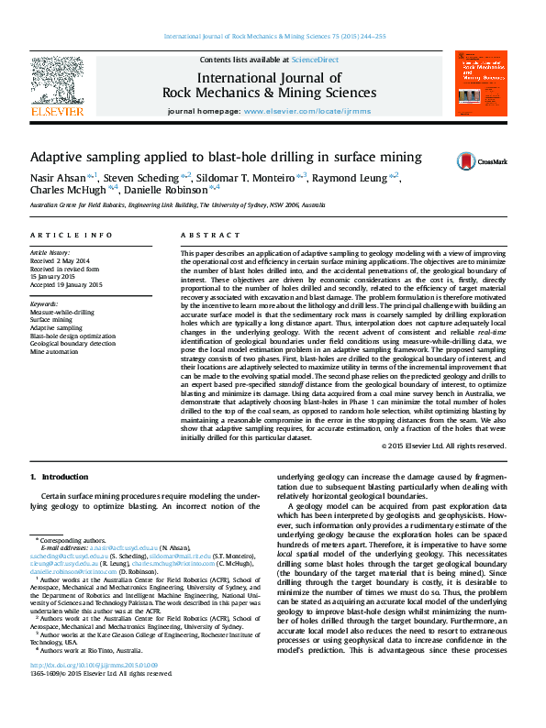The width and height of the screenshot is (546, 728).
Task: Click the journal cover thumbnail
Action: pyautogui.click(x=482, y=83)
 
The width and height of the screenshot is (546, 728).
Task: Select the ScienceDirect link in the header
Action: pyautogui.click(x=314, y=60)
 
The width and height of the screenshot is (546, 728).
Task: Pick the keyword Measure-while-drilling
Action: pyautogui.click(x=62, y=311)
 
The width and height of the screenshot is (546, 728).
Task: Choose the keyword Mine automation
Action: pyautogui.click(x=54, y=351)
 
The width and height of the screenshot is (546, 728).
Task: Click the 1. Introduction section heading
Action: pyautogui.click(x=60, y=477)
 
